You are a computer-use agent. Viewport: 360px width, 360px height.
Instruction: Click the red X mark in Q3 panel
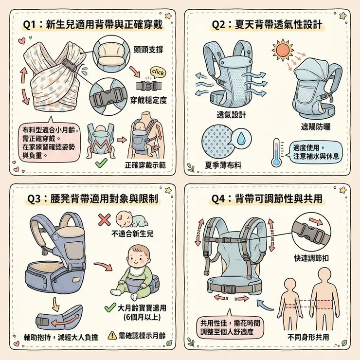[104, 219]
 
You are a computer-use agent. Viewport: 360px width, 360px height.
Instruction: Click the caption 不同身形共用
[308, 337]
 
